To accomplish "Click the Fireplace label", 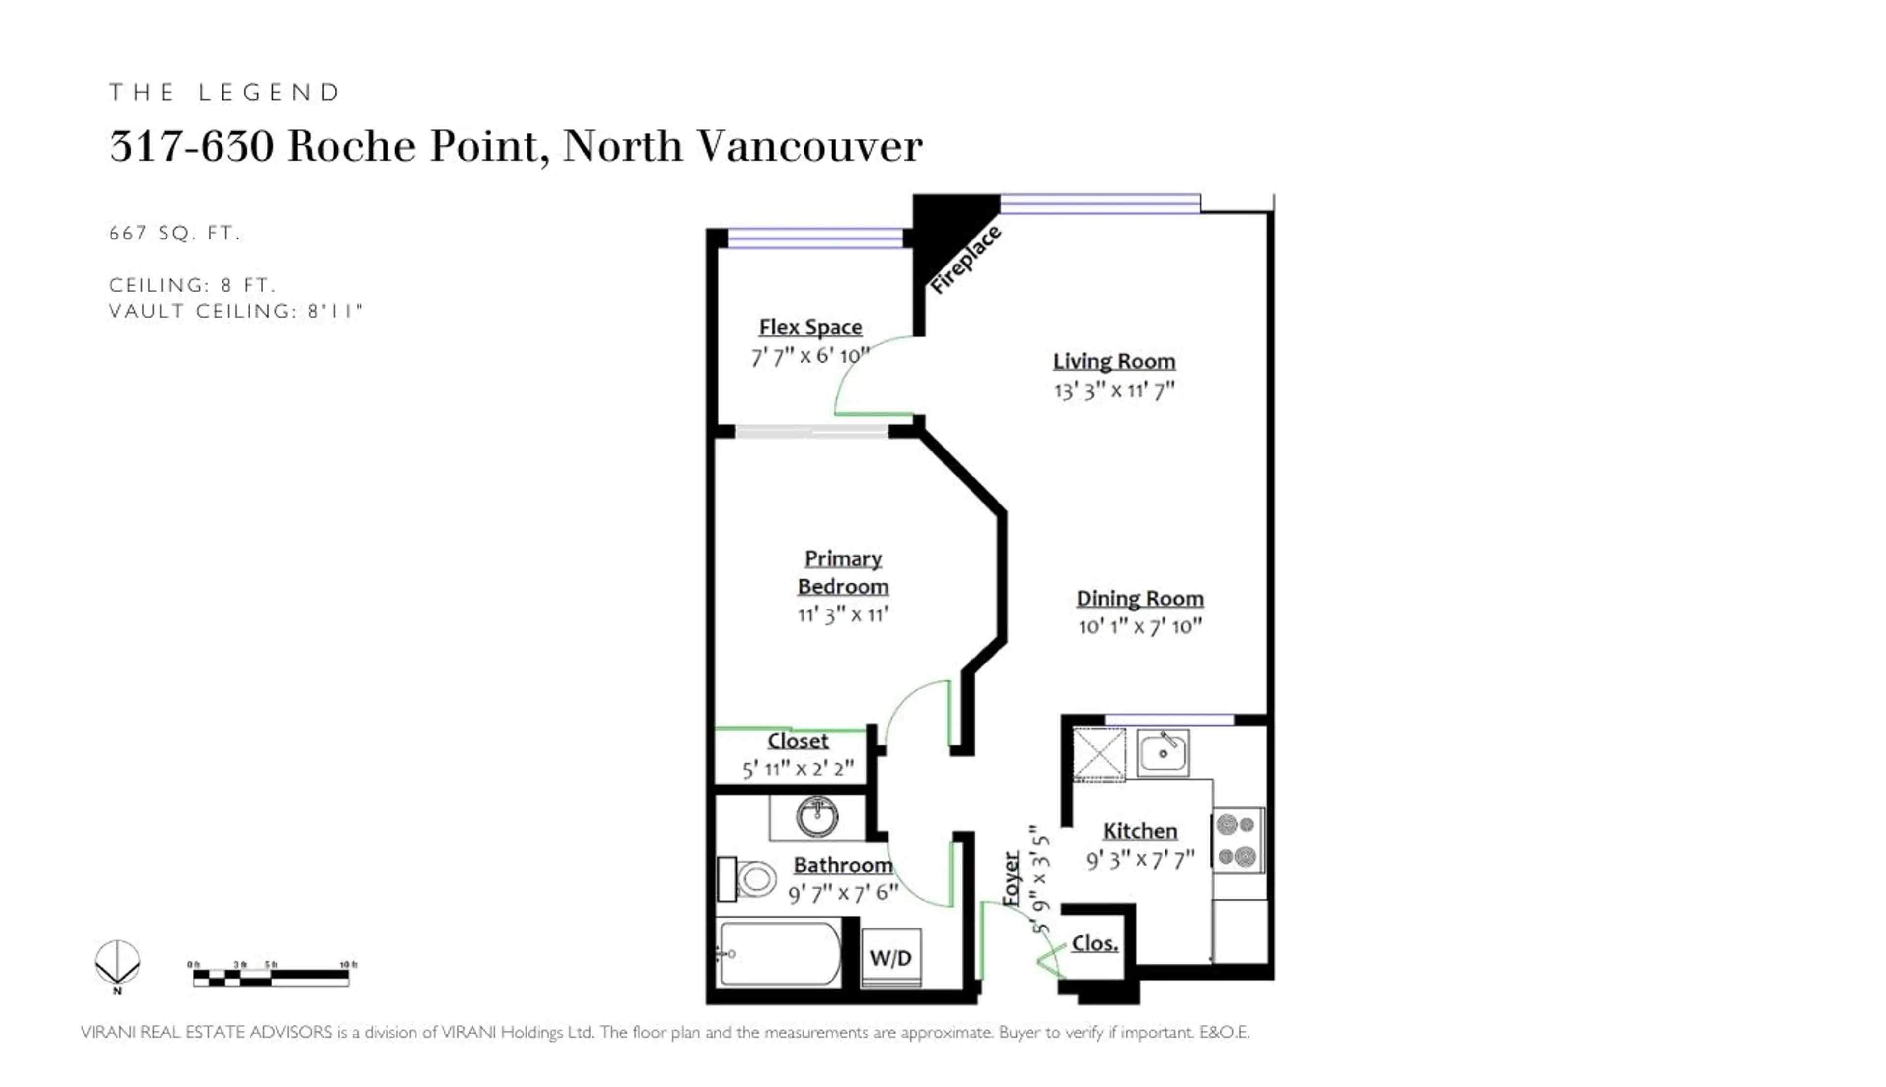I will coord(965,260).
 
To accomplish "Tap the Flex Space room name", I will coord(810,327).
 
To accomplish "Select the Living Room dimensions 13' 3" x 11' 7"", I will coord(1114,390).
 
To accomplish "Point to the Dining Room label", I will coord(1139,598).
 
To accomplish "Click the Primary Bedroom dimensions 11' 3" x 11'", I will coord(842,614).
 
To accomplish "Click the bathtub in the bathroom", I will coord(778,954).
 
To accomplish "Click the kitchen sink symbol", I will coord(1162,752).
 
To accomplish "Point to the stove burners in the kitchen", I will coord(1237,840).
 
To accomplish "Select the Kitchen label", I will coord(1140,831).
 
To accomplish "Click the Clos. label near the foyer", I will coord(1094,943).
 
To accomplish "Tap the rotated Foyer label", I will coord(1011,879).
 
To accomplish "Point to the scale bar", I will coord(271,976).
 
